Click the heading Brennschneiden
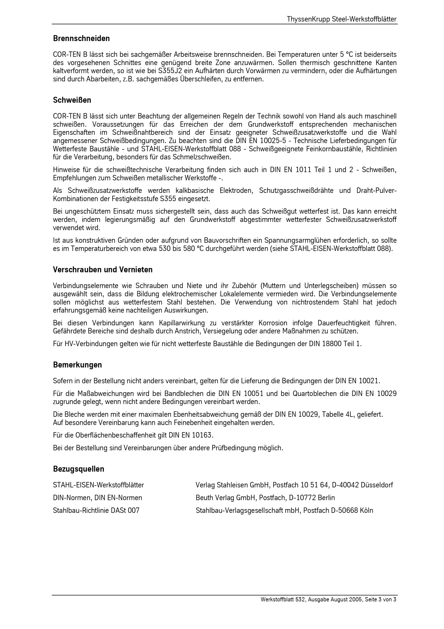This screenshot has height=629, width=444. coord(81,38)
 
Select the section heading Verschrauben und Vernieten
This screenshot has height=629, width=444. coord(103,270)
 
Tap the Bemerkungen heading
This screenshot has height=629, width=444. coord(77,365)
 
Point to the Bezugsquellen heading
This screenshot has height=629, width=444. coord(79,469)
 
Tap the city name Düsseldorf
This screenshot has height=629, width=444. coord(377,485)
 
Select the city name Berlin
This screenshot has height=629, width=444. coord(326,498)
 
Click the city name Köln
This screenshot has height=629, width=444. coord(366,510)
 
